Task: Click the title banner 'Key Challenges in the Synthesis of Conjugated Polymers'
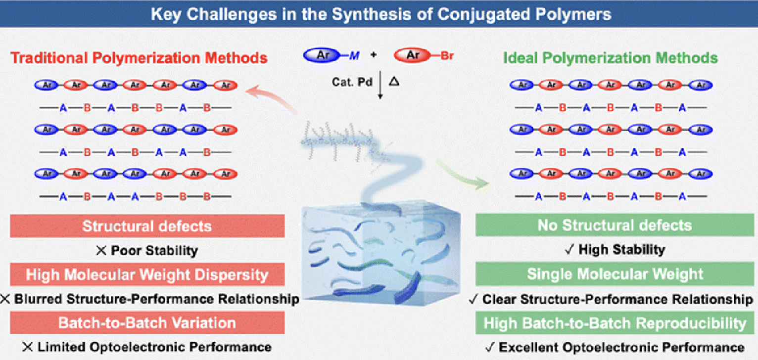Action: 379,13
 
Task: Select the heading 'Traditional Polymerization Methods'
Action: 139,58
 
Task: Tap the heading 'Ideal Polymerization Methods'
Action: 611,58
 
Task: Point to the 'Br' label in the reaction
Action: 447,56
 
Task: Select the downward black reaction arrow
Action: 380,87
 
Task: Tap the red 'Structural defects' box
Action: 147,226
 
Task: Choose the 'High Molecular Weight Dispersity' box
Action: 147,274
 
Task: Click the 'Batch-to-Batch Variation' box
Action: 147,323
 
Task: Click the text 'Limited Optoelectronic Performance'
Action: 153,347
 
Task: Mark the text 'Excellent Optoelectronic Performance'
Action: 621,347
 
